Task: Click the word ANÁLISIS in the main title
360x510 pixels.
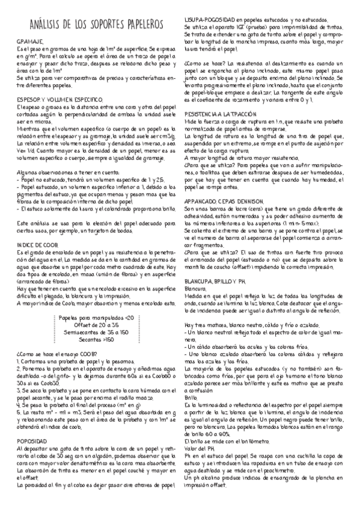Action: pos(50,25)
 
